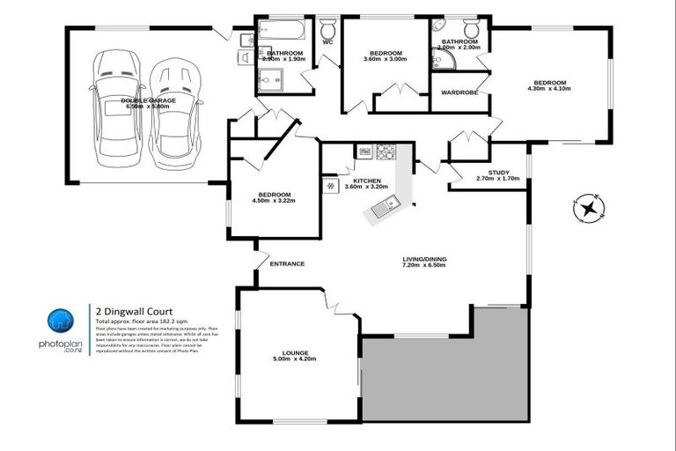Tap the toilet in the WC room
[327, 26]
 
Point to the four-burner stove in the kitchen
[386, 152]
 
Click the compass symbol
[585, 210]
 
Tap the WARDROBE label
[459, 92]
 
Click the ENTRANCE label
[287, 263]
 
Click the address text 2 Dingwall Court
[134, 310]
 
